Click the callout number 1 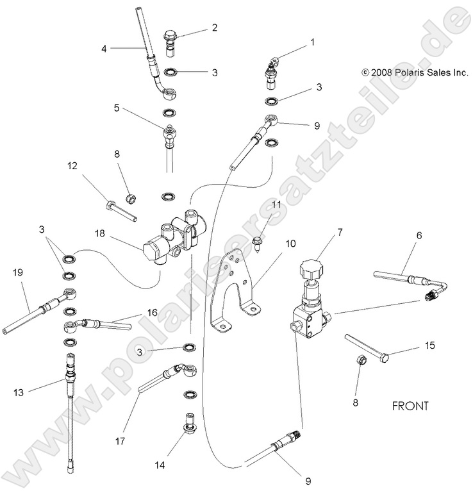(x=313, y=42)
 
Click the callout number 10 (x=290, y=244)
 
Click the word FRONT (x=410, y=406)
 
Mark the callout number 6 (x=419, y=236)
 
